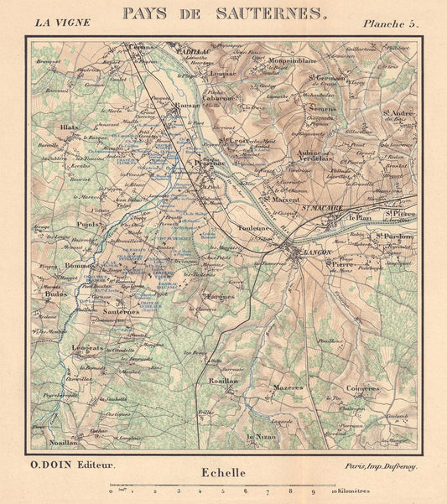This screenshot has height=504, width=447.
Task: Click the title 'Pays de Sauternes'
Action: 223,13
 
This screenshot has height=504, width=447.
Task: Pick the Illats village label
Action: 69,127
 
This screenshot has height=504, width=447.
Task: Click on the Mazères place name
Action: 288,387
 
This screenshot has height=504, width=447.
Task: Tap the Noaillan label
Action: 62,439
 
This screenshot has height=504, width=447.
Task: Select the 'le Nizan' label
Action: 260,438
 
